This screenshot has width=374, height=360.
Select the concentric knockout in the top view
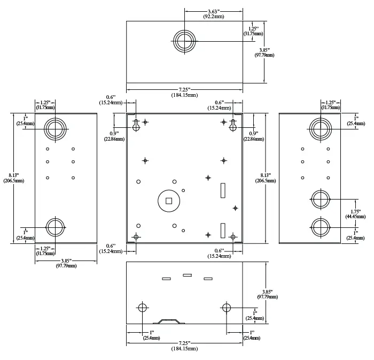click(184, 41)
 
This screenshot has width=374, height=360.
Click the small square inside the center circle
click(169, 201)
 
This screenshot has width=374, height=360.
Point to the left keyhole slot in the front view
click(136, 125)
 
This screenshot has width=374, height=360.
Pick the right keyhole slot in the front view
click(233, 125)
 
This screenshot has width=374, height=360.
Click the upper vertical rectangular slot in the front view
click(223, 190)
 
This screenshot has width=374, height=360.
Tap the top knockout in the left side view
click(55, 129)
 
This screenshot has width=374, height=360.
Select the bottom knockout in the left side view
click(55, 227)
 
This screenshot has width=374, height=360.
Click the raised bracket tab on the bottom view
click(169, 321)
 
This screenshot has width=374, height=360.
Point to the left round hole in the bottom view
click(143, 308)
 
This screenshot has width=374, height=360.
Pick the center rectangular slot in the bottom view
click(187, 275)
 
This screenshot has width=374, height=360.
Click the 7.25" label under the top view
click(184, 89)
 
